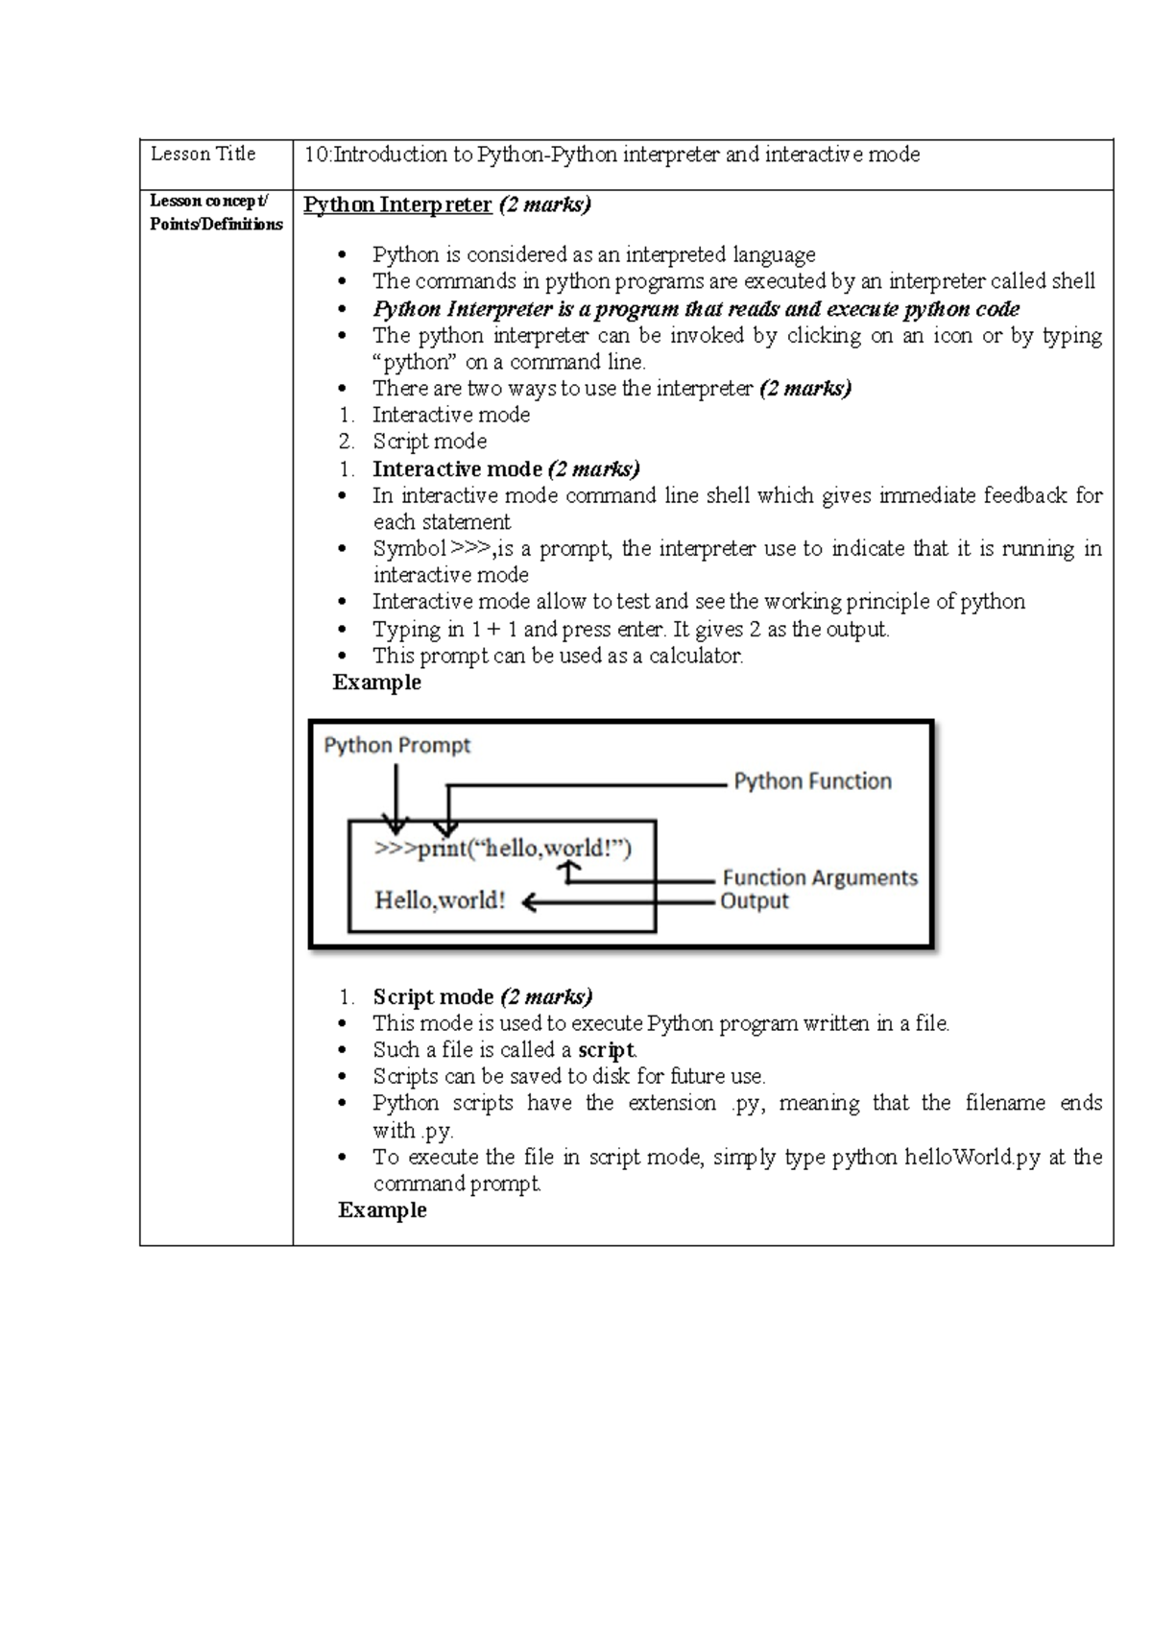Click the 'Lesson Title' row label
point(203,154)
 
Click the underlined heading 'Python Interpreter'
point(397,204)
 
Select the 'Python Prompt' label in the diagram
point(396,746)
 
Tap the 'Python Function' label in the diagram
point(812,781)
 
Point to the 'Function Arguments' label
point(820,877)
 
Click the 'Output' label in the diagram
point(755,901)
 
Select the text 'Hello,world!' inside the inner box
point(440,900)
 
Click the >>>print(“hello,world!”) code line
point(503,849)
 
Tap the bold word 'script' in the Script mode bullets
point(606,1050)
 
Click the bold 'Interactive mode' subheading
point(457,469)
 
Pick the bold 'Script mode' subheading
point(433,996)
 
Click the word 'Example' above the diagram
point(376,682)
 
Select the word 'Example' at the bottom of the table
point(382,1210)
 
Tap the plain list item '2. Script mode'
point(429,442)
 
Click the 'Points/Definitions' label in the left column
point(216,225)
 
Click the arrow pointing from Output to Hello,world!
point(614,901)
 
